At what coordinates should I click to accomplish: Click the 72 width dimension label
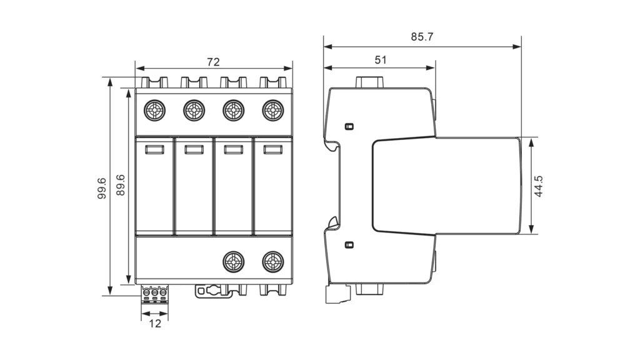click(214, 61)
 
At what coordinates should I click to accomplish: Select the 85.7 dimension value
click(422, 37)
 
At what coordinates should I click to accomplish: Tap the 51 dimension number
click(381, 60)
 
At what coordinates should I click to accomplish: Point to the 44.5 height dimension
click(539, 186)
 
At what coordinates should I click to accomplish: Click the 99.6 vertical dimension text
click(102, 188)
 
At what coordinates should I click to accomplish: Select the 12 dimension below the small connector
click(155, 324)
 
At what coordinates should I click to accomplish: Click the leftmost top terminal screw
click(154, 111)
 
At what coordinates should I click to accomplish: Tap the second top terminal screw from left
click(194, 111)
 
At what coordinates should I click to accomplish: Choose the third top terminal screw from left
click(234, 111)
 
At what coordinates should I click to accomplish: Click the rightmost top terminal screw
click(272, 111)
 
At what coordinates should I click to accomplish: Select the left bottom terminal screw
click(234, 261)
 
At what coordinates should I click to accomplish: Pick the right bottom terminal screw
click(272, 261)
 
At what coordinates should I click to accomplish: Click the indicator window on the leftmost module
click(154, 149)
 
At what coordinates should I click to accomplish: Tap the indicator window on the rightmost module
click(272, 149)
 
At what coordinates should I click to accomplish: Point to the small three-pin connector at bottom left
click(155, 293)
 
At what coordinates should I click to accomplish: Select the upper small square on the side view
click(349, 126)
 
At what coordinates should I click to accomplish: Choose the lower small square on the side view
click(349, 244)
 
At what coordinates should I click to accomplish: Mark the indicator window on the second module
click(194, 149)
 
